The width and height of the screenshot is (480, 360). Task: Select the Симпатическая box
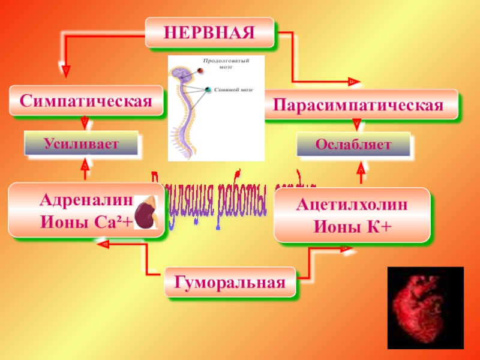[86, 101]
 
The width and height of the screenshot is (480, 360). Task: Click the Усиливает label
[80, 143]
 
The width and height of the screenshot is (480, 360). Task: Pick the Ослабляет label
[354, 145]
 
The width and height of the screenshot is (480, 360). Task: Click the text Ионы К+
[352, 226]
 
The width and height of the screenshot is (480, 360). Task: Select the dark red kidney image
[146, 214]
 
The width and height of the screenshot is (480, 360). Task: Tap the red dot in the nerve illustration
[201, 70]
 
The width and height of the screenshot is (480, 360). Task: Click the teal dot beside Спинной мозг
[208, 90]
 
